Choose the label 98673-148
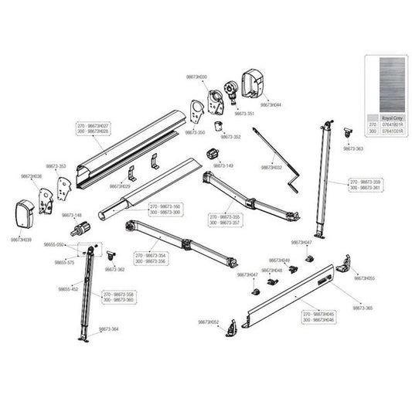coord(72,216)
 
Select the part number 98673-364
coord(109,329)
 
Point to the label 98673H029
coord(120,186)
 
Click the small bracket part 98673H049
coord(292,269)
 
